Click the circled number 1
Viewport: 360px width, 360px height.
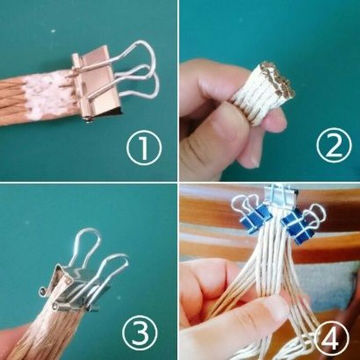144,148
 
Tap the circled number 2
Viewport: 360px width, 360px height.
334,146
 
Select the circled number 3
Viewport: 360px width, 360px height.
140,333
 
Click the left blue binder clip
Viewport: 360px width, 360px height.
255,219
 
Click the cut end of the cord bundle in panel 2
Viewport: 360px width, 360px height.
277,78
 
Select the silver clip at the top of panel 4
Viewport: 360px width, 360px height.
280,193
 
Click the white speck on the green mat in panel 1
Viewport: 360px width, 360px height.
53,31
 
